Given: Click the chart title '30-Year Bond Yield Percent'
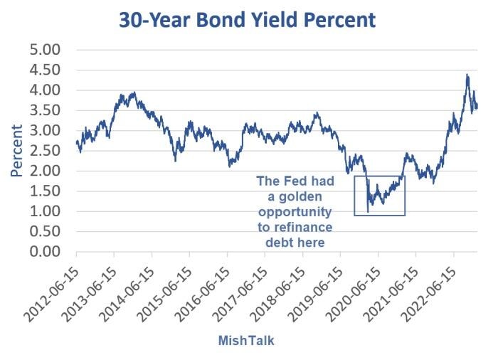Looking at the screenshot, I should point(248,19).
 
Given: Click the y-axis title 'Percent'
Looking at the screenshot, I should point(16,151).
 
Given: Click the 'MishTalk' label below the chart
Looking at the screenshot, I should point(245,341).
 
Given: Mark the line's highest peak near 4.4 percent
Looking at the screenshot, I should point(467,74).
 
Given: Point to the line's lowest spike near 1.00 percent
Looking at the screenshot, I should point(368,211).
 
